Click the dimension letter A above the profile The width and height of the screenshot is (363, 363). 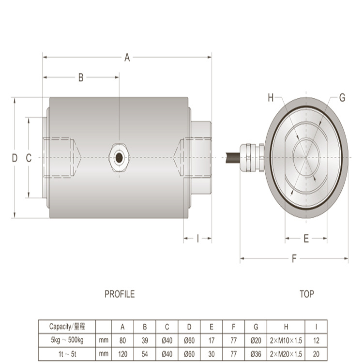coord(127,58)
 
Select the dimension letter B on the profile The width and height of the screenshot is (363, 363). coord(81,77)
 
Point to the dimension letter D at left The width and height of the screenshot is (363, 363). coord(15,158)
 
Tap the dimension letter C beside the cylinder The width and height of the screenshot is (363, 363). coord(29,158)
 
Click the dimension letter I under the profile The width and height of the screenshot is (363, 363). coord(197,239)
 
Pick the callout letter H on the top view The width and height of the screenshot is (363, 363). coord(271,98)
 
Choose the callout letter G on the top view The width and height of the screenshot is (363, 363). coord(342,98)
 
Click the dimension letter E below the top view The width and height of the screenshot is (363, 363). coord(306,239)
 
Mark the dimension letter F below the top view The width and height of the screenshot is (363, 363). coord(294,258)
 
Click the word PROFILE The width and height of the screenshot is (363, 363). coord(120,294)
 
